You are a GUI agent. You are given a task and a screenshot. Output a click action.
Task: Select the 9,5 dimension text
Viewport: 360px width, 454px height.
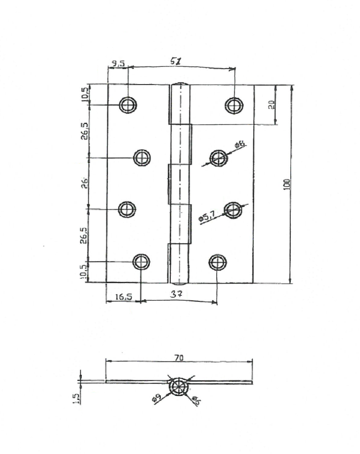(x=117, y=64)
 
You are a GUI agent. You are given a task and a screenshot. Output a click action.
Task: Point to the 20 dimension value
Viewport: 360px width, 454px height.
(x=271, y=105)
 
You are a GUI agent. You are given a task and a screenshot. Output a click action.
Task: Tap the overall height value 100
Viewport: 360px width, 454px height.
(x=286, y=184)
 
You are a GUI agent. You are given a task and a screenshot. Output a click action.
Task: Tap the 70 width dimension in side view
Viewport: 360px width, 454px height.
(x=178, y=358)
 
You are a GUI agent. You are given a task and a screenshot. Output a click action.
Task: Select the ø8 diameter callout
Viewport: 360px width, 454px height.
(x=240, y=145)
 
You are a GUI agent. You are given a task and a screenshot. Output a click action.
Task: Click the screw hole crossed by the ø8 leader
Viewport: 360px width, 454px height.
(x=218, y=158)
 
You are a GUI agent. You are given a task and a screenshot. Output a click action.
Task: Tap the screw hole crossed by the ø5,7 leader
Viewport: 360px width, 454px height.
(x=233, y=209)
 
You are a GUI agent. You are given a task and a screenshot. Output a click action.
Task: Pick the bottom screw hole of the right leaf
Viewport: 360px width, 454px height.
(x=217, y=262)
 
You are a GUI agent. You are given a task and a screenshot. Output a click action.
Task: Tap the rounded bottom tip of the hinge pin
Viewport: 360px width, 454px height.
(x=179, y=281)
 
